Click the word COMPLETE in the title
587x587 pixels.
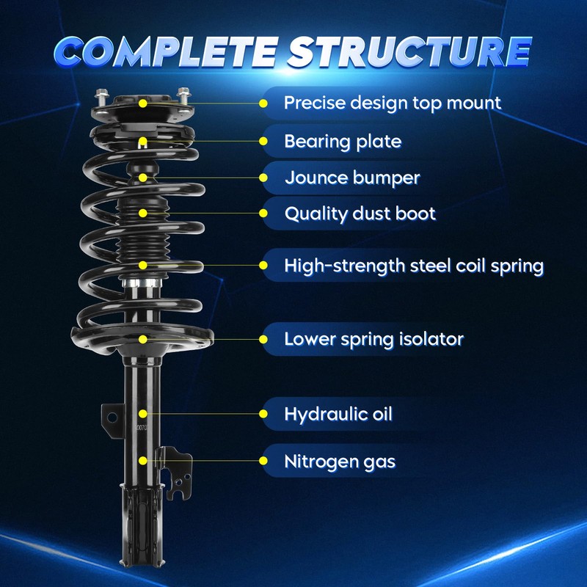[x=164, y=51]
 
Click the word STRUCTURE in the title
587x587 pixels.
[x=409, y=51]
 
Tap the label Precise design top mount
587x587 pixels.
[x=392, y=103]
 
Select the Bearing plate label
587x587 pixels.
[x=343, y=141]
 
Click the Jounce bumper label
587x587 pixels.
[x=352, y=178]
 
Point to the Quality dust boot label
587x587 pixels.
[x=360, y=214]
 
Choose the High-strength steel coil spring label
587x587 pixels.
[x=414, y=266]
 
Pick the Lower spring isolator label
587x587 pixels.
[x=373, y=339]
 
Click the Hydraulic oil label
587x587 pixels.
[x=338, y=415]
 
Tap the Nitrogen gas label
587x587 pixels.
[x=340, y=462]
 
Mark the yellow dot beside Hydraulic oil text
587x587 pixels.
[x=263, y=415]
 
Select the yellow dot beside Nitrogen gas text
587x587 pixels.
[x=263, y=462]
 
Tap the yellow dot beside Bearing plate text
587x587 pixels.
[x=263, y=140]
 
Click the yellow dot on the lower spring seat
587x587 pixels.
[x=143, y=339]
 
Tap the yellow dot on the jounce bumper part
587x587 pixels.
[x=143, y=177]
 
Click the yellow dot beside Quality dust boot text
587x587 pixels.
[x=263, y=214]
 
